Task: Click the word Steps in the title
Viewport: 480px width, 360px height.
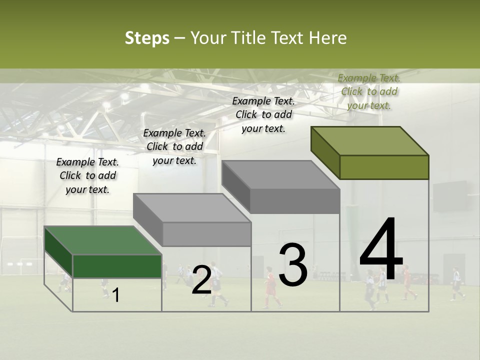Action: [147, 38]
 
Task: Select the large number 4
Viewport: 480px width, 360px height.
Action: [381, 249]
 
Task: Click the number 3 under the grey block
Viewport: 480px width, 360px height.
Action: [292, 264]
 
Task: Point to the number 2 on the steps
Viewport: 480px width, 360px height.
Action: [201, 280]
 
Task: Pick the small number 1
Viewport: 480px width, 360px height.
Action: [116, 295]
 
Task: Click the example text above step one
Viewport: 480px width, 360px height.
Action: [87, 175]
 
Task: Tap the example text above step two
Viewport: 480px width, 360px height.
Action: [174, 146]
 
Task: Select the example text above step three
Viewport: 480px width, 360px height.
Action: [263, 114]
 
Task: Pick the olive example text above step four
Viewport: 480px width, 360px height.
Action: [369, 91]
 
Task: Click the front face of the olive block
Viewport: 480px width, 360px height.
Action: [384, 167]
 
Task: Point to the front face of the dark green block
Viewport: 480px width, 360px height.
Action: [117, 266]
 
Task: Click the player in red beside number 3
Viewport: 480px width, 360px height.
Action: [270, 287]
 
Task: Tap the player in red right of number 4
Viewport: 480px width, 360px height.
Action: [407, 283]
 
